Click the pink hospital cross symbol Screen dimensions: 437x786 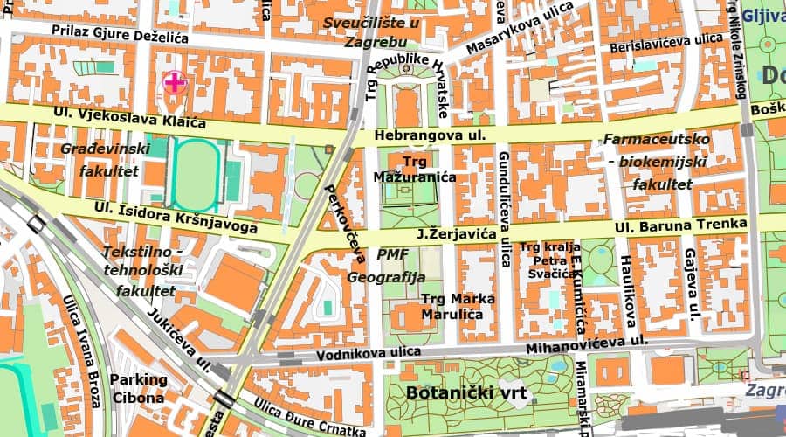175,83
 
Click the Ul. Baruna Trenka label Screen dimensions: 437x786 680,226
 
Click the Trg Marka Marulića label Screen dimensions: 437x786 458,305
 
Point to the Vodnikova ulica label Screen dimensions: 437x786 368,353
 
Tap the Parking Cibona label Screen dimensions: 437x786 137,388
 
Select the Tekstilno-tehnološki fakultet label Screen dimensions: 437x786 141,271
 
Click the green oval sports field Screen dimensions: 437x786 196,175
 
